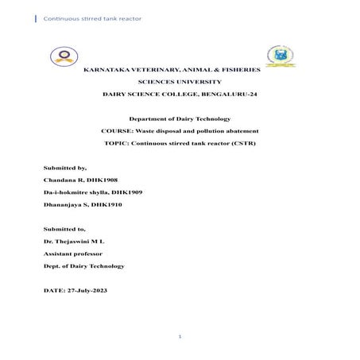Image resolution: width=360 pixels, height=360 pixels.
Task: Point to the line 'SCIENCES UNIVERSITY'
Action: (180, 82)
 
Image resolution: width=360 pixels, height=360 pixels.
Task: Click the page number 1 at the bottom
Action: (180, 337)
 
